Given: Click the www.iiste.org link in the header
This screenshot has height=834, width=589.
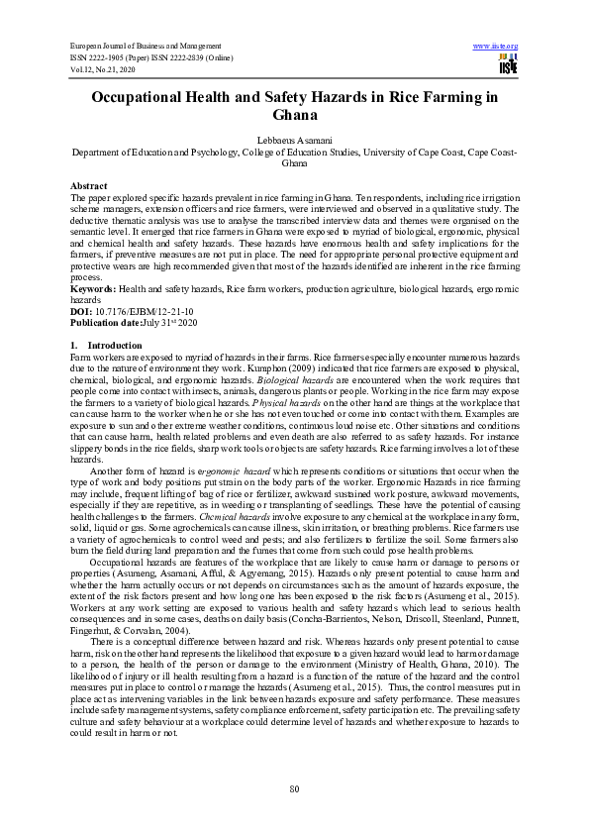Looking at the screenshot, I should [496, 47].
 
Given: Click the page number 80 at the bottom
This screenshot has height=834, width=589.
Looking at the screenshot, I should [294, 787].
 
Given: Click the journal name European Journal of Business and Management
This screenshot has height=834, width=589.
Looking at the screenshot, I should [146, 47].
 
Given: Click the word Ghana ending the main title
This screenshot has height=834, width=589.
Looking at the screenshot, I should [294, 115].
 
